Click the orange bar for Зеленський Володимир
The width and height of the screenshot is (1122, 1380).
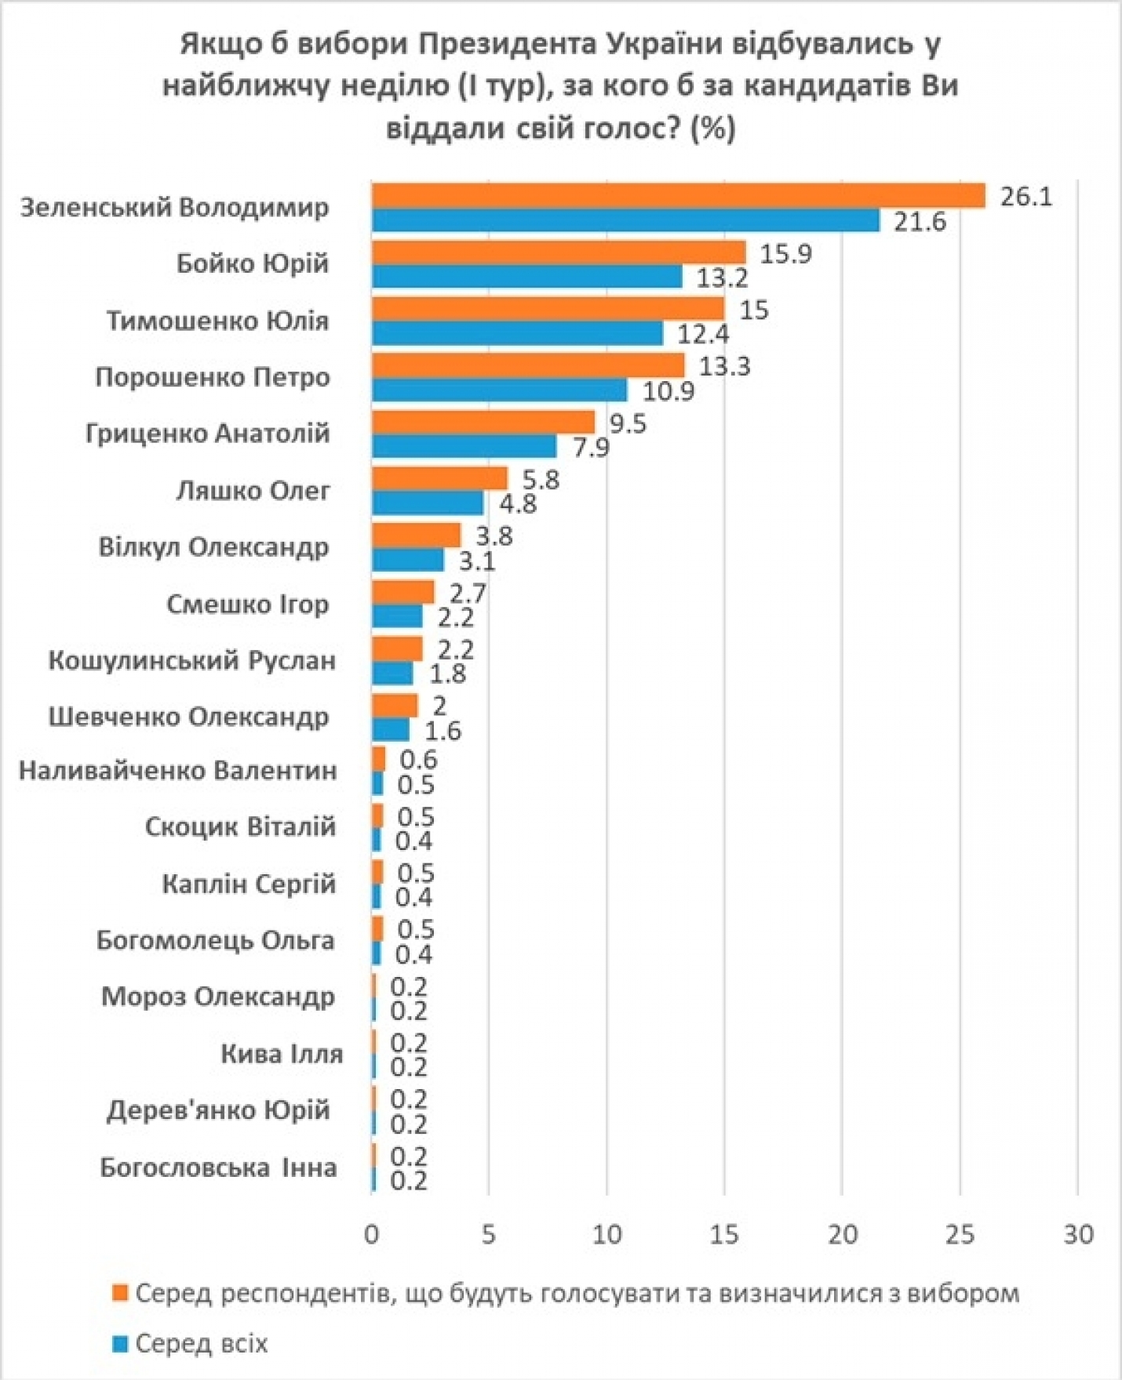click(x=678, y=196)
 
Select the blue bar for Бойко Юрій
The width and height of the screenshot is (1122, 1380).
click(x=526, y=277)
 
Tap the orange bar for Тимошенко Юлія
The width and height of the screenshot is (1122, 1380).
click(x=548, y=309)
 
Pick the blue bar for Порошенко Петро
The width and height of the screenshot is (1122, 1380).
click(x=499, y=390)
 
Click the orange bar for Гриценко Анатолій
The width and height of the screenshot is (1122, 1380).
click(x=483, y=423)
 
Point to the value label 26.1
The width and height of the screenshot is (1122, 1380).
click(x=1025, y=196)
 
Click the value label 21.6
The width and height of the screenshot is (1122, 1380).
click(x=920, y=222)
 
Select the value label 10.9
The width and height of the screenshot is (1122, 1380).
click(x=668, y=390)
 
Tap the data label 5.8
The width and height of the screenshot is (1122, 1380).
click(x=540, y=479)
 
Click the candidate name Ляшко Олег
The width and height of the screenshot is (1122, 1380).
click(x=253, y=491)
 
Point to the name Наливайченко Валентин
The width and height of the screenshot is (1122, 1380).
click(x=178, y=771)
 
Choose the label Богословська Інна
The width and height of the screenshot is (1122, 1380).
click(x=218, y=1168)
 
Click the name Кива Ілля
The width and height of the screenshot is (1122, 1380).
click(x=282, y=1053)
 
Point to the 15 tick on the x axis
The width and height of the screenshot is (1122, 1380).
click(x=724, y=1234)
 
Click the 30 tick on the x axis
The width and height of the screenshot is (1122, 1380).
click(x=1078, y=1234)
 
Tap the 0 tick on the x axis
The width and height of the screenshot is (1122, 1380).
click(x=371, y=1234)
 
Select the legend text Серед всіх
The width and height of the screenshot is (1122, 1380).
click(x=202, y=1344)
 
